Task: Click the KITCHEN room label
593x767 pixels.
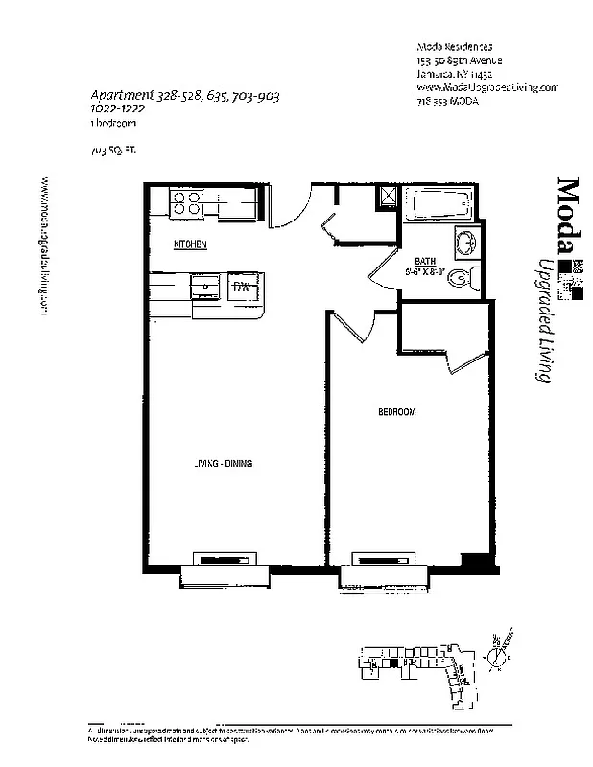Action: pyautogui.click(x=190, y=245)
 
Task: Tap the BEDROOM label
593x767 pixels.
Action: pyautogui.click(x=396, y=412)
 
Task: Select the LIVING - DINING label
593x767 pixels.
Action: pyautogui.click(x=223, y=464)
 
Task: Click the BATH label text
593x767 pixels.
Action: pyautogui.click(x=423, y=261)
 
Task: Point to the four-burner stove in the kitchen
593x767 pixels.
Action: pyautogui.click(x=184, y=201)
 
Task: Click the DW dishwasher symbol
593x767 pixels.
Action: pyautogui.click(x=241, y=286)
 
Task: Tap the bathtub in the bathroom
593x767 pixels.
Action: pyautogui.click(x=439, y=204)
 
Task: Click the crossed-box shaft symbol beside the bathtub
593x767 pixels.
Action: pyautogui.click(x=388, y=195)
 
